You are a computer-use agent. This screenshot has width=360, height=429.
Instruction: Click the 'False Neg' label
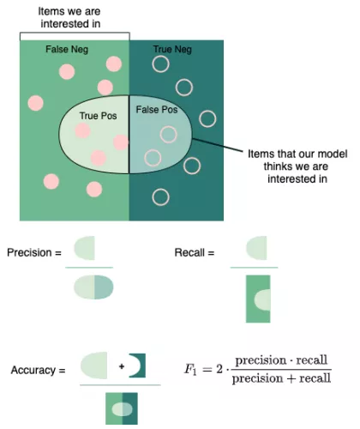click(67, 50)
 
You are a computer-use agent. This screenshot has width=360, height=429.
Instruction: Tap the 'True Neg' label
click(172, 50)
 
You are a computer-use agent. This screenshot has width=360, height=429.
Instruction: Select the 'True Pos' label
click(98, 116)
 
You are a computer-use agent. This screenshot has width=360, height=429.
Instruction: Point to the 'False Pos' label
click(157, 110)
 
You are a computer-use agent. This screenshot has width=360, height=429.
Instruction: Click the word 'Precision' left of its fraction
click(29, 252)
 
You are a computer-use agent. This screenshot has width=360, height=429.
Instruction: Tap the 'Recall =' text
click(195, 252)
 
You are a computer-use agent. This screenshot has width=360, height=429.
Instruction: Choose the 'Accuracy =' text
click(38, 370)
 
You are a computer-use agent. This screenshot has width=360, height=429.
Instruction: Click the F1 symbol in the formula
click(190, 369)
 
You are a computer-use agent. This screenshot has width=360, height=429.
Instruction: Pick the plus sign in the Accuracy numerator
click(122, 366)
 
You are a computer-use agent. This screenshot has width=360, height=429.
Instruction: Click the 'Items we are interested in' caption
click(69, 17)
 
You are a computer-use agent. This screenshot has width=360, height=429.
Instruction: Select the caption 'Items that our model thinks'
click(297, 160)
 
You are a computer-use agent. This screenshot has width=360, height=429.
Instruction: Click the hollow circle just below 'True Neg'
click(160, 64)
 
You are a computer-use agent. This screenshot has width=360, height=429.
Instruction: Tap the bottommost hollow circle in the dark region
click(160, 197)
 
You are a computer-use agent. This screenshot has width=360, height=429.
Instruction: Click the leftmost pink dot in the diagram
click(36, 103)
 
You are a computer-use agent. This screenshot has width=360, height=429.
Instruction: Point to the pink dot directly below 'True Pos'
click(83, 130)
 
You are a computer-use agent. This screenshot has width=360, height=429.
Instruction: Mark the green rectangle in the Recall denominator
click(258, 299)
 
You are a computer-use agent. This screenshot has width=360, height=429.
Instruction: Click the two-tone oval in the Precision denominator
click(93, 287)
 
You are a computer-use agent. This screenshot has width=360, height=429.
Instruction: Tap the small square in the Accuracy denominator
click(122, 408)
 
